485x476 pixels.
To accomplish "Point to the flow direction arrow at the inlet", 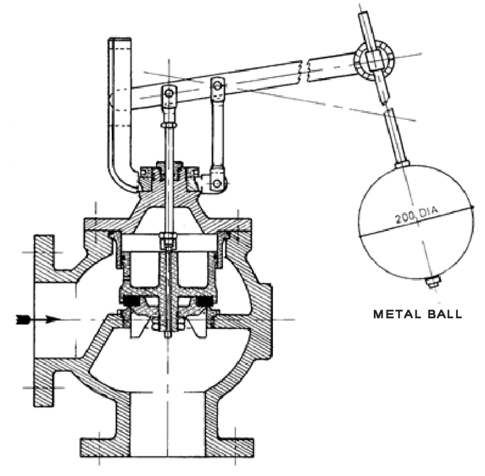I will tap(38, 319).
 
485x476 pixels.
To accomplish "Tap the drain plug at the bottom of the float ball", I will tap(433, 283).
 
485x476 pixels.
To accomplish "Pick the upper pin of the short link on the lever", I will tap(218, 85).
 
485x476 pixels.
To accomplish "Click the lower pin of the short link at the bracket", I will tap(217, 183).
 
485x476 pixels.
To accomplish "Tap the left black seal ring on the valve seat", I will tap(129, 302).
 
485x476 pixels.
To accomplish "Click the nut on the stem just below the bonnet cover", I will tap(168, 241).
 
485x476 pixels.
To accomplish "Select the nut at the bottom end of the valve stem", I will tap(168, 328).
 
